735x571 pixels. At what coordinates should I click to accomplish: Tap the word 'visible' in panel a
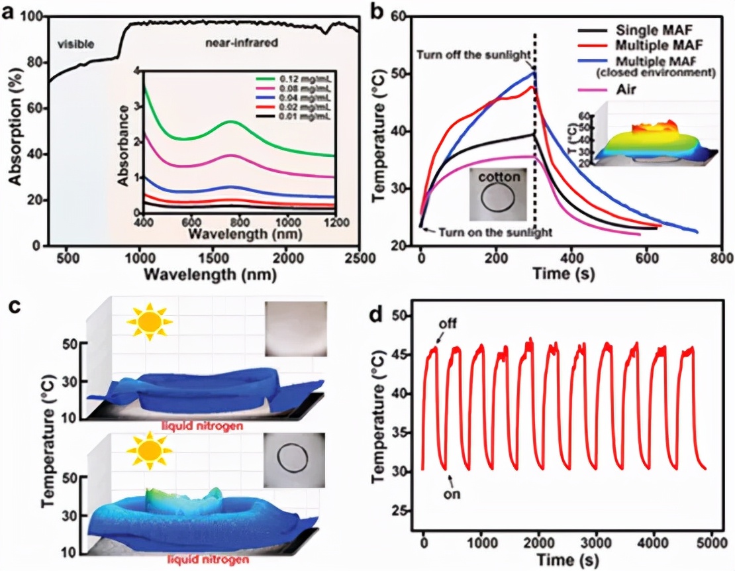click(75, 44)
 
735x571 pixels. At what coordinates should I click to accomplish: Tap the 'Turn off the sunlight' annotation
click(472, 52)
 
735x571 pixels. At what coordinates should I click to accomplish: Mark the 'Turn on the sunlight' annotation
click(490, 233)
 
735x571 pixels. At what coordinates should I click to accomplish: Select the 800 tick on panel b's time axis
click(722, 256)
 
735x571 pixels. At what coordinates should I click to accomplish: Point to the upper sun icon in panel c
click(149, 322)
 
